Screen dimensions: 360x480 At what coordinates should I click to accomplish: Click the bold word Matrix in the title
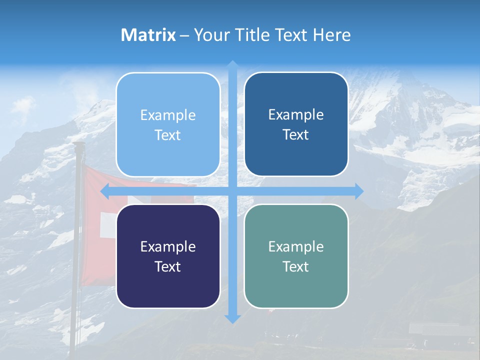148,35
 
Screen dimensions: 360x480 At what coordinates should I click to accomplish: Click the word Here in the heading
332,35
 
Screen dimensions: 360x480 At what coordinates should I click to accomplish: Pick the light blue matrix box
168,125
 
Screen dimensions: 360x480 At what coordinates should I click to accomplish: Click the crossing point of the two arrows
232,191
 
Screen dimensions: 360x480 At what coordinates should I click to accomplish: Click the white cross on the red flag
107,224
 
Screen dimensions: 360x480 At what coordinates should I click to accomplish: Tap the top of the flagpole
78,145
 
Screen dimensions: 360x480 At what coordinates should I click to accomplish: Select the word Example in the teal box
296,246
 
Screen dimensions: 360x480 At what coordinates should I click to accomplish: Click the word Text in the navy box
168,266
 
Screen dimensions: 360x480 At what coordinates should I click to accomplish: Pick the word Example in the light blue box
168,115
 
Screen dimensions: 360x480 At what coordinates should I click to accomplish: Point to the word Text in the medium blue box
296,134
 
